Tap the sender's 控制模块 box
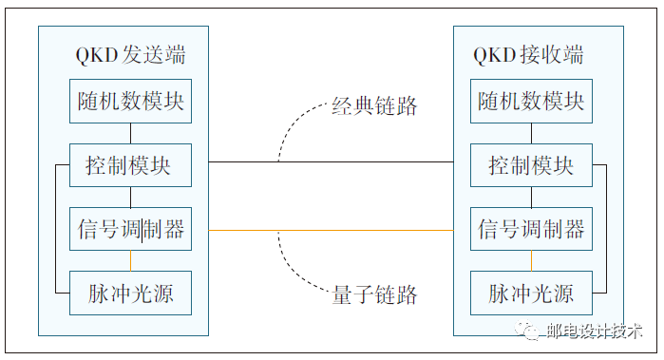(x=130, y=165)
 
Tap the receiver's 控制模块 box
(x=531, y=165)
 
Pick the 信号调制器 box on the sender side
(x=130, y=230)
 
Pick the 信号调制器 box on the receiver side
(x=531, y=230)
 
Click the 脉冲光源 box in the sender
(x=130, y=293)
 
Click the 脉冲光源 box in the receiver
(x=531, y=293)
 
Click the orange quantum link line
(x=332, y=230)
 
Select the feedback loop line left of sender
(x=54, y=228)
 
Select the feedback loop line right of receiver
(x=605, y=228)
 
